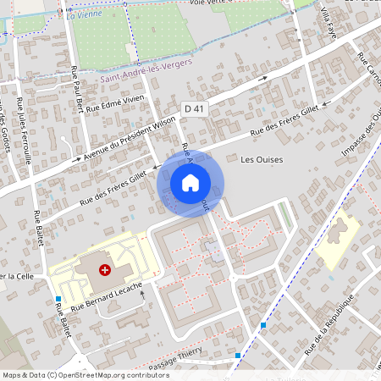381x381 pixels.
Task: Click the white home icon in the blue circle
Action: coord(190,182)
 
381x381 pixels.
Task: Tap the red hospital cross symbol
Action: coord(105,270)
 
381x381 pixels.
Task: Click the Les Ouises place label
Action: coord(262,159)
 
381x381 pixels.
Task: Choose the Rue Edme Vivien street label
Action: coord(118,105)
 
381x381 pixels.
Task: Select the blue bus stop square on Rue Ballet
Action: coord(58,299)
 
